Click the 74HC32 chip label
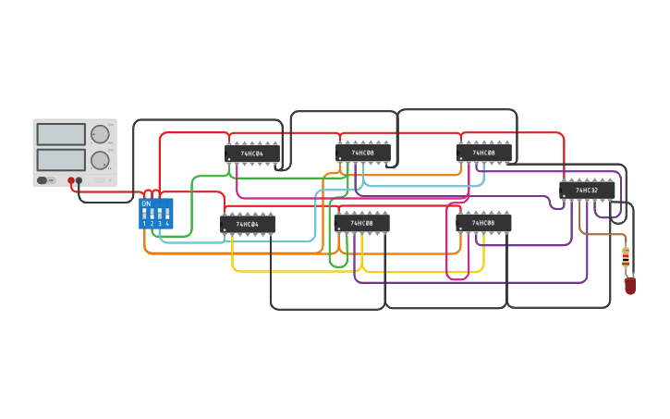click(x=587, y=191)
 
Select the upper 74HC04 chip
click(x=251, y=154)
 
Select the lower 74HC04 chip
click(x=248, y=224)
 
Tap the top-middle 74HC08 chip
click(x=362, y=153)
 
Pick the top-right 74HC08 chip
click(x=483, y=153)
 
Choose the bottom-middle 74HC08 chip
click(x=361, y=223)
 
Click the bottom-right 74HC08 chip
click(x=483, y=223)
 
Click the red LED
click(x=630, y=286)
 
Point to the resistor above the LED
click(x=626, y=258)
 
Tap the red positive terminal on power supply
click(x=71, y=180)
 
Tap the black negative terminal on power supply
click(x=79, y=180)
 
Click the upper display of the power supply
click(x=61, y=134)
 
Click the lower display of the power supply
click(x=61, y=159)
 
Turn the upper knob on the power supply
click(x=100, y=134)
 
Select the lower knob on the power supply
click(x=100, y=159)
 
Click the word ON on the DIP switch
click(x=146, y=203)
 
